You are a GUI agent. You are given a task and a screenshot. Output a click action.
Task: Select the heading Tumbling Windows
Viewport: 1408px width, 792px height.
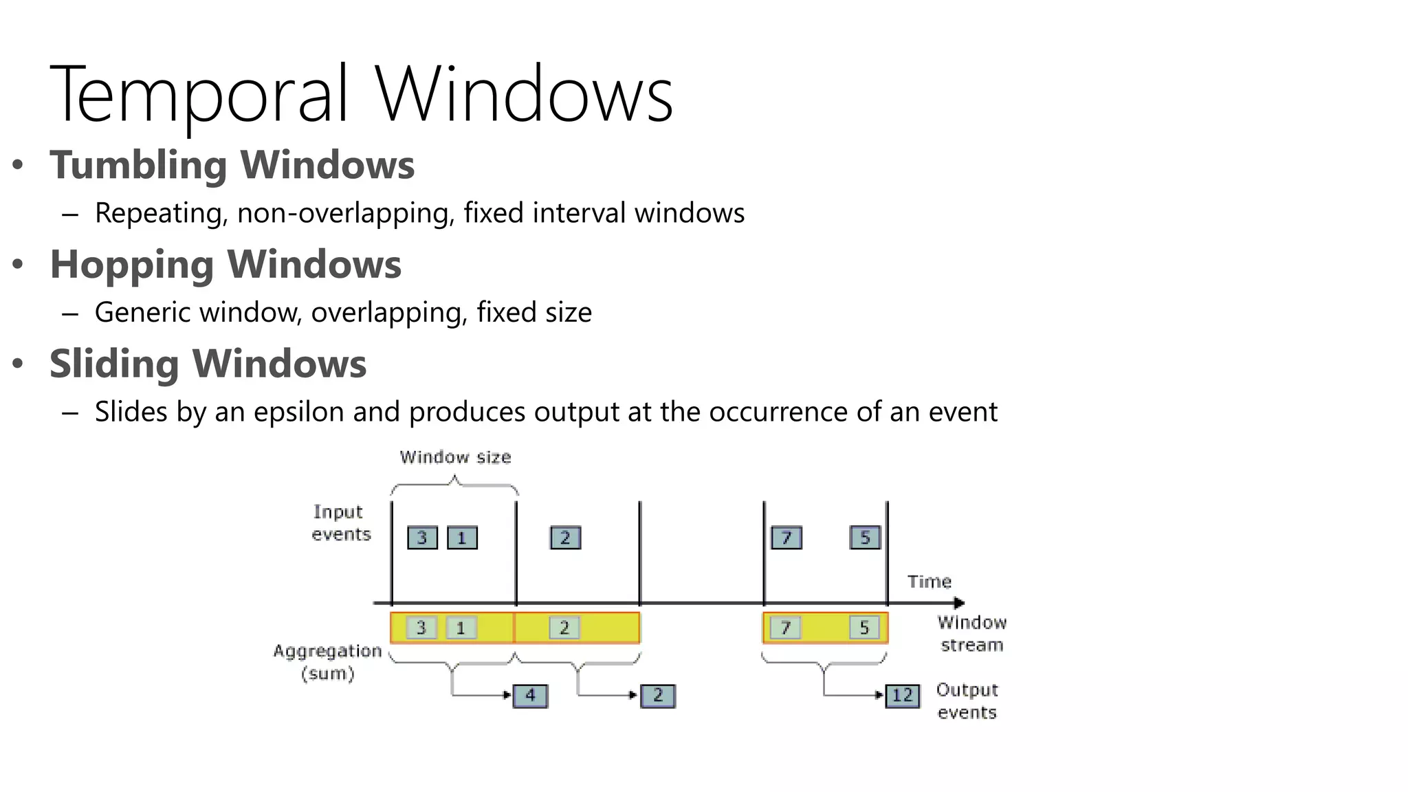232,165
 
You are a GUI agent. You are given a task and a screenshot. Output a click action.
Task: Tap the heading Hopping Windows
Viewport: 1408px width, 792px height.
225,265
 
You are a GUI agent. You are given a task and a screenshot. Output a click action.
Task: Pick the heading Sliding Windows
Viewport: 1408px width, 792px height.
208,364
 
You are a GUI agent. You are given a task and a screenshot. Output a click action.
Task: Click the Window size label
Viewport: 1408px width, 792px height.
455,457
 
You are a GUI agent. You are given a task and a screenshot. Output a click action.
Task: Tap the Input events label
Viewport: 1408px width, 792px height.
340,523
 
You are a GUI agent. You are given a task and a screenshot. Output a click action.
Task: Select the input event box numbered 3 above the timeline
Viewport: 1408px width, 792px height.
422,538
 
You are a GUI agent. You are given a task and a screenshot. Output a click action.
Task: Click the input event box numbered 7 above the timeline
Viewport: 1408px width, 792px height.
786,538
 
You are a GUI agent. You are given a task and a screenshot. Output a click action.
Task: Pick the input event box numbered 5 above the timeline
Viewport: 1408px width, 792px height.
865,537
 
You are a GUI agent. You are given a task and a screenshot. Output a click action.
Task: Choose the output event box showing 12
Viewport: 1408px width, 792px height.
902,696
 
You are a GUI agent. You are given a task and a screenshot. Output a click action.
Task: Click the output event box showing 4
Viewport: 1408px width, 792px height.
530,696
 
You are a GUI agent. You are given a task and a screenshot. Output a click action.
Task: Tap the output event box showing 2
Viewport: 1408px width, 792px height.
658,696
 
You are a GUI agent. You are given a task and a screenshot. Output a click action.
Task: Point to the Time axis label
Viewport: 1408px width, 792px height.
929,582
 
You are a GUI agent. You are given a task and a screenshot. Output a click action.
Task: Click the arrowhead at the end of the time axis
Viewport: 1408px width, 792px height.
960,603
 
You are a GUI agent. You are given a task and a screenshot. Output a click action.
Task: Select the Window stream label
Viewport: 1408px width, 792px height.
971,634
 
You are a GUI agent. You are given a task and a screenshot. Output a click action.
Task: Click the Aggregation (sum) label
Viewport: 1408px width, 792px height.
327,662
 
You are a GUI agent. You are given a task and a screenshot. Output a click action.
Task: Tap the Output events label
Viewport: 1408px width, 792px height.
967,701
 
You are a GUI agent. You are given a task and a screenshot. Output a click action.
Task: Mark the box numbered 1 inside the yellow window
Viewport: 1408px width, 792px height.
461,628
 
